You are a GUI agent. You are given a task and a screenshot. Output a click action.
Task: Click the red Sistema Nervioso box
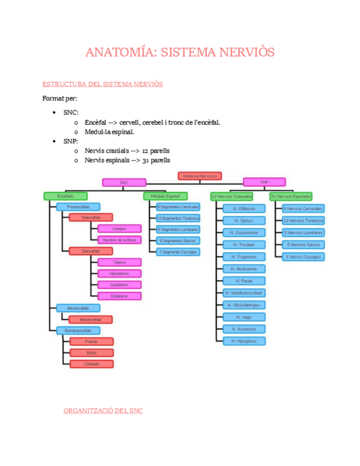(x=200, y=176)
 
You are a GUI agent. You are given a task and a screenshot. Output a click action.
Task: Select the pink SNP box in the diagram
(x=264, y=182)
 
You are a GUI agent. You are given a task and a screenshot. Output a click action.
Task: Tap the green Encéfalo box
(x=65, y=196)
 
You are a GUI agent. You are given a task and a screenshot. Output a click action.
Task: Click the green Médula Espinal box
(x=165, y=196)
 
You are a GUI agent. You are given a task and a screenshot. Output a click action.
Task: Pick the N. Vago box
(x=244, y=317)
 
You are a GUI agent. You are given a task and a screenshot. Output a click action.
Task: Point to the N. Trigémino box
(x=244, y=257)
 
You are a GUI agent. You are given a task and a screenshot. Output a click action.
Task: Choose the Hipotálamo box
(x=119, y=273)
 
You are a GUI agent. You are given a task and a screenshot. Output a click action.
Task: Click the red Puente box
(x=91, y=341)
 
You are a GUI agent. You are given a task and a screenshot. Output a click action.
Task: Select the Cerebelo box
(x=91, y=364)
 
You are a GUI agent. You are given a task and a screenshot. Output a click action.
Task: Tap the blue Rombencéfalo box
(x=78, y=330)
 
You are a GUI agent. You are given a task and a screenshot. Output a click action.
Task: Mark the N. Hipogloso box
(x=244, y=341)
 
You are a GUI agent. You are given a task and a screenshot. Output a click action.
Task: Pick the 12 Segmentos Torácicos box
(x=178, y=218)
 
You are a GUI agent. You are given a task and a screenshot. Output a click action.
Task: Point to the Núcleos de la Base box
(x=119, y=240)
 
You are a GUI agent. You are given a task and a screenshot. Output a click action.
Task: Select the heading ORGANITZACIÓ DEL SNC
(x=103, y=410)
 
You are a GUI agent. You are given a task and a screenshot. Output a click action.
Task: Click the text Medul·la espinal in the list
(x=109, y=132)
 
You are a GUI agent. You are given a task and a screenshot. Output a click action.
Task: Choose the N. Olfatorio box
(x=244, y=209)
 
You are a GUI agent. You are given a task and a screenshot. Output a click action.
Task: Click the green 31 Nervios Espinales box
(x=291, y=196)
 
